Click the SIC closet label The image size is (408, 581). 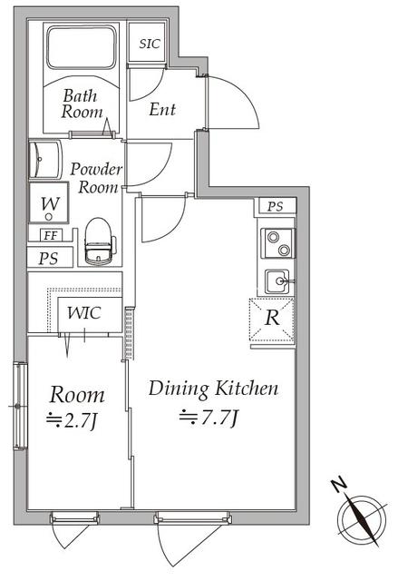[150, 44]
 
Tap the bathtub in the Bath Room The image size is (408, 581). [82, 47]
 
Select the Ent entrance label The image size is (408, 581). [162, 109]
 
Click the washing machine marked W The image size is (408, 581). [49, 202]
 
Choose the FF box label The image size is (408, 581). [51, 235]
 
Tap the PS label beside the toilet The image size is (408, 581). [48, 258]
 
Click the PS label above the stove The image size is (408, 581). [276, 206]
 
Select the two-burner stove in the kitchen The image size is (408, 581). [278, 243]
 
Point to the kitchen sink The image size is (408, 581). [278, 281]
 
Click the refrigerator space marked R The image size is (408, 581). [272, 319]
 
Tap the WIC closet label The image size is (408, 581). [84, 313]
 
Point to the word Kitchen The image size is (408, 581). [247, 389]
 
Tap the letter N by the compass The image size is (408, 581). [339, 485]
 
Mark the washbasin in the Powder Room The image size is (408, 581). [44, 160]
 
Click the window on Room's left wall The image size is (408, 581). [20, 406]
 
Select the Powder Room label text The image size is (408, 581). [96, 178]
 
